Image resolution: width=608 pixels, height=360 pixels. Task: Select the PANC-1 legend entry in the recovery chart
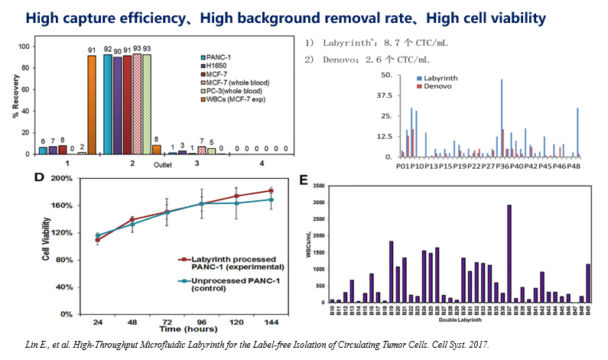(223, 58)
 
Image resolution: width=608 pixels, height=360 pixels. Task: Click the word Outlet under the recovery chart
(163, 165)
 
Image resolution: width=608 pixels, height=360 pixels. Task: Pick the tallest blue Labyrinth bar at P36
(502, 118)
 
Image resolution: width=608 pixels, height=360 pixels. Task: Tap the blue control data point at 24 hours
(97, 235)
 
